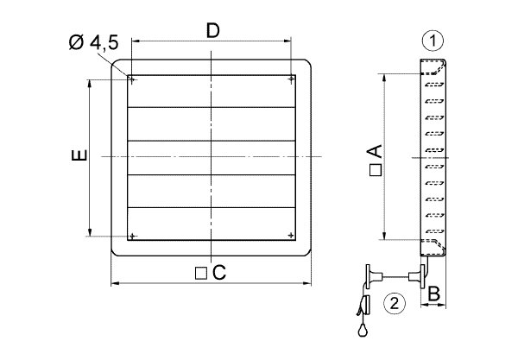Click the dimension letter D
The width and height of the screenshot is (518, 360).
(x=213, y=30)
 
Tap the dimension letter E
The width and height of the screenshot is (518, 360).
(x=79, y=155)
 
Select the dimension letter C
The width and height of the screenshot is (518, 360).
(x=219, y=273)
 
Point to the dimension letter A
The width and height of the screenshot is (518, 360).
(x=375, y=151)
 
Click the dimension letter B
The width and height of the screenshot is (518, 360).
(x=433, y=293)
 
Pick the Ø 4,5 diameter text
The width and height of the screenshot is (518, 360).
(x=94, y=43)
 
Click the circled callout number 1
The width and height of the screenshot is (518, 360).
(x=433, y=41)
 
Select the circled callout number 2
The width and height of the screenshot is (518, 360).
(x=395, y=303)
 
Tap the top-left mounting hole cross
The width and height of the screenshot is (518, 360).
(x=132, y=79)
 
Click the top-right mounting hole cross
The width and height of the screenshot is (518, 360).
(x=291, y=79)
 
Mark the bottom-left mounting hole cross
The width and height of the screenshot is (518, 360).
(x=132, y=237)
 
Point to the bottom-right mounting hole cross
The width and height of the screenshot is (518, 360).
(x=291, y=235)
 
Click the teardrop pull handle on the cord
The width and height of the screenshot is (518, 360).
(x=363, y=330)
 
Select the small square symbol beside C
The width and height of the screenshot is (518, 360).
(x=201, y=274)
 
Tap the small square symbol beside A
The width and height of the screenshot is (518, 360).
(x=376, y=170)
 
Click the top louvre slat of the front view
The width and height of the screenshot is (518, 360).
(x=212, y=92)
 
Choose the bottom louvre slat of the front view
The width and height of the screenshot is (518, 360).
(x=212, y=224)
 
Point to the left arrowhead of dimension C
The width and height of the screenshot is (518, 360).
(x=115, y=283)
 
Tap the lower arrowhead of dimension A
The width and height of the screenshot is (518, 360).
(x=384, y=236)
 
